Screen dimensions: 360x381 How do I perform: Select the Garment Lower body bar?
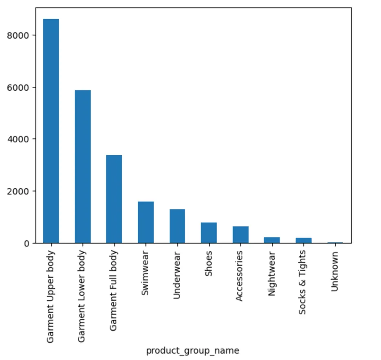[83, 167]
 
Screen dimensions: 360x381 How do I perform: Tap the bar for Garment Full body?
[114, 199]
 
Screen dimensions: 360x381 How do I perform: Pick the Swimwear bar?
[145, 222]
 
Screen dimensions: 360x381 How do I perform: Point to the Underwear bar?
[177, 226]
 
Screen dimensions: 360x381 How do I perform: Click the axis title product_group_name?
[193, 351]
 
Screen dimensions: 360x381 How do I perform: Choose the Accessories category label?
[240, 276]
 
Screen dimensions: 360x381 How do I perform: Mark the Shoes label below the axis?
[209, 264]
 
